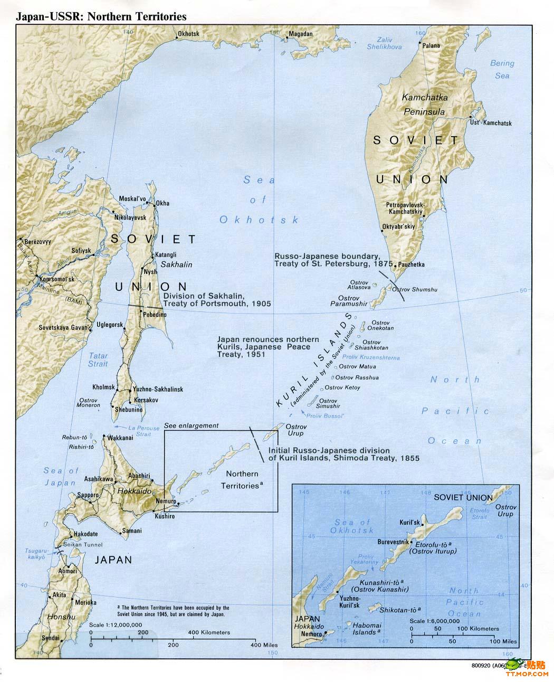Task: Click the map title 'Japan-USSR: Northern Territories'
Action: (x=101, y=16)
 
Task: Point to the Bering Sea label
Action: (x=502, y=70)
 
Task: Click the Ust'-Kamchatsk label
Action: (x=491, y=123)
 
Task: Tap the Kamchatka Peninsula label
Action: (x=424, y=105)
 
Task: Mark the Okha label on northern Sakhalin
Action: (x=163, y=203)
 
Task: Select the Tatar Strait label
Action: (x=98, y=359)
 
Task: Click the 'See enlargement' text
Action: (x=191, y=425)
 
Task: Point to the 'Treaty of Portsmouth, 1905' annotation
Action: (x=217, y=304)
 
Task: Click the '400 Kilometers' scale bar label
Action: (x=209, y=632)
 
